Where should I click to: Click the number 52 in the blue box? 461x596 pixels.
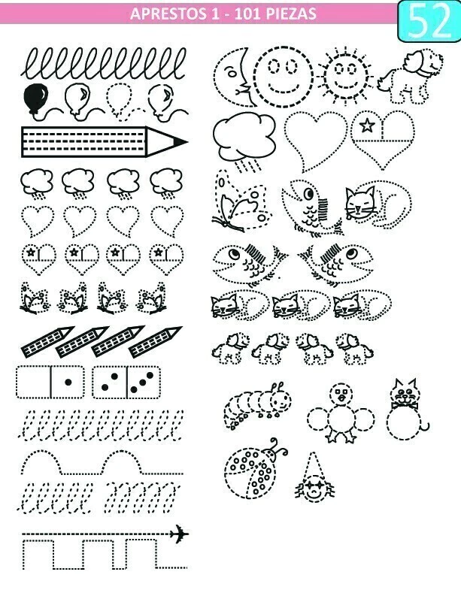coord(430,21)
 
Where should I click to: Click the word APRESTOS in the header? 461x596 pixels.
coord(168,14)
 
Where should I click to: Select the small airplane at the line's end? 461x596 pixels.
coord(179,534)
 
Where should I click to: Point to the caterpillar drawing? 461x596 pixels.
coord(257,406)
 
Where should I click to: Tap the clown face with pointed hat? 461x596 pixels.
coord(314,478)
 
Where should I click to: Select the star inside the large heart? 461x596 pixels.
coord(367,126)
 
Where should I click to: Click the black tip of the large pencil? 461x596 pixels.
coord(180,142)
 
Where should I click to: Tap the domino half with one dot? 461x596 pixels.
coord(68,382)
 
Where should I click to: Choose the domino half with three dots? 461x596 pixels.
coord(144,382)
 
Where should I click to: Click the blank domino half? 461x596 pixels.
coord(34,382)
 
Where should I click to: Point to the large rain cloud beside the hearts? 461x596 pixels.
coord(244,139)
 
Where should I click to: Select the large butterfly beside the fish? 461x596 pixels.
coord(242,201)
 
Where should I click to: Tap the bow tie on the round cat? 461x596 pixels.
coord(405,406)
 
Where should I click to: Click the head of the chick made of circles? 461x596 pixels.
coord(341,395)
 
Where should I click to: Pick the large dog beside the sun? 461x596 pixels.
coord(411,76)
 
